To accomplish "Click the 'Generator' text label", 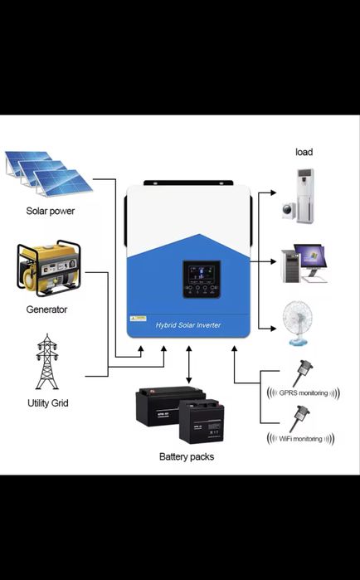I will click(46, 309).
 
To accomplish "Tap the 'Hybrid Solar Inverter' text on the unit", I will click(188, 325).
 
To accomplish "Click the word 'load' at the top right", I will click(304, 152).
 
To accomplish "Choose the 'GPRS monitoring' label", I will click(299, 392).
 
